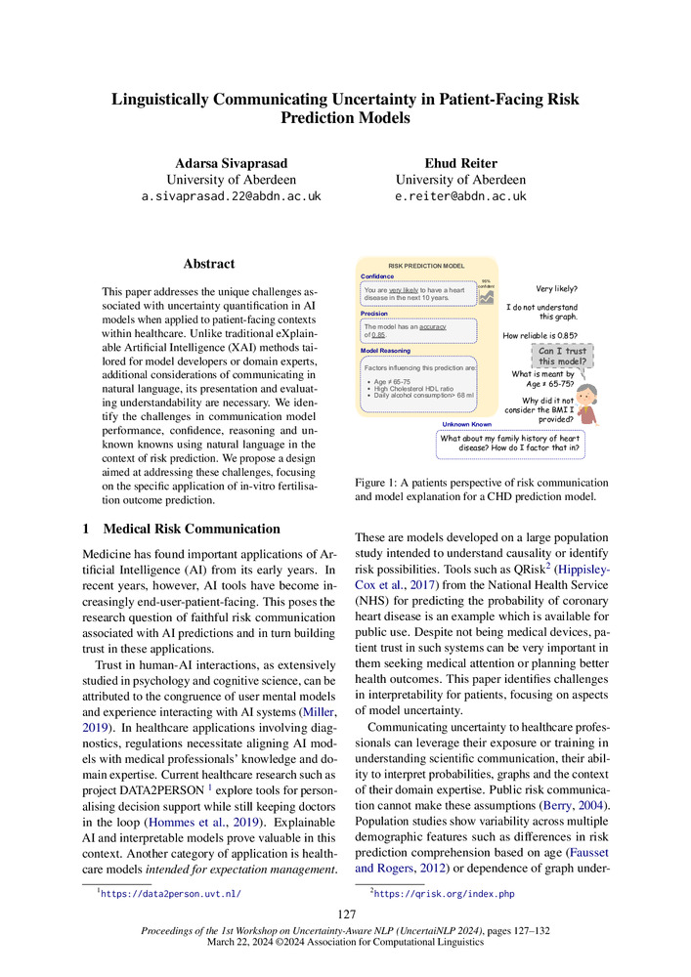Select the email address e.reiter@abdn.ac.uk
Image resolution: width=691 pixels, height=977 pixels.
(x=460, y=196)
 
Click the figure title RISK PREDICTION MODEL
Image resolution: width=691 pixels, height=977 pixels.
(x=426, y=266)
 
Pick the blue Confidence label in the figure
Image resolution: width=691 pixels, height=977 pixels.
(x=378, y=276)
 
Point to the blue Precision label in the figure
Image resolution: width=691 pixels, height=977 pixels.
(x=375, y=314)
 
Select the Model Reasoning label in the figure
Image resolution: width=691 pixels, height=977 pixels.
(x=386, y=350)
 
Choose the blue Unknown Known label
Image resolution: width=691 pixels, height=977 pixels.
(x=466, y=424)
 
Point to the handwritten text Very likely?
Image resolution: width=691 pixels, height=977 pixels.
(x=556, y=289)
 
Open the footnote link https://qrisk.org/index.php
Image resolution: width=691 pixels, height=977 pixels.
(x=445, y=894)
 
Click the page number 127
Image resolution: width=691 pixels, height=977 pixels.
(x=345, y=914)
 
